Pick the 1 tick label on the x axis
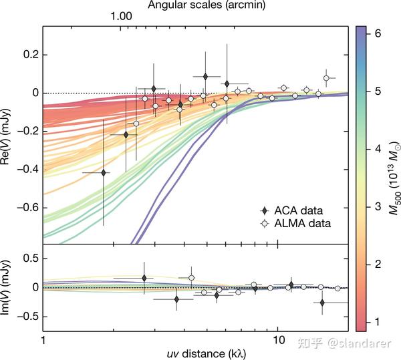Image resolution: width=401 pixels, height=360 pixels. tap(43, 340)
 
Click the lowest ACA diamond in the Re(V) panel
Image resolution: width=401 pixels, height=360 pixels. tap(103, 172)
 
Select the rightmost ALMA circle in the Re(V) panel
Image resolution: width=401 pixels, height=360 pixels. tap(326, 78)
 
